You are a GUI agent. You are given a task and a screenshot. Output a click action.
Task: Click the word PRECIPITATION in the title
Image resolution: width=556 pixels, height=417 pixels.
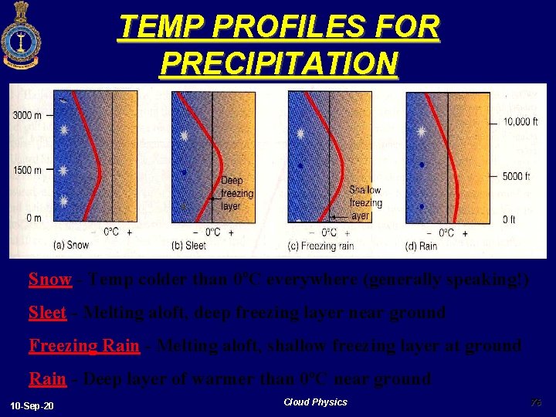(x=278, y=63)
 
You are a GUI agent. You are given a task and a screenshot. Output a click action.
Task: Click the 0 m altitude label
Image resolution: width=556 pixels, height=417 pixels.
(x=35, y=218)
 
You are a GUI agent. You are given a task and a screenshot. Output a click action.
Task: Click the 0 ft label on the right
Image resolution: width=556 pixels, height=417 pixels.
(x=509, y=219)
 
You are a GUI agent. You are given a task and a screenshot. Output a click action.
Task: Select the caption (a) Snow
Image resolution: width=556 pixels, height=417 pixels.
(x=71, y=245)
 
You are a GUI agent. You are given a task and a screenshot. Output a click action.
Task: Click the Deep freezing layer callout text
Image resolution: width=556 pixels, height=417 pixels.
(x=236, y=193)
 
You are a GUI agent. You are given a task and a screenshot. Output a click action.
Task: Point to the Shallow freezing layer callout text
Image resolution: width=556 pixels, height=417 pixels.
(x=364, y=202)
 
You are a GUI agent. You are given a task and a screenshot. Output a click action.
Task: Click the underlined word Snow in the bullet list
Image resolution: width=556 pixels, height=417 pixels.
(x=49, y=280)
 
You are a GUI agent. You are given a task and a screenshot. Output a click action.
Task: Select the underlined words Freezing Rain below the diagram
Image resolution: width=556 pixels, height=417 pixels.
(x=84, y=346)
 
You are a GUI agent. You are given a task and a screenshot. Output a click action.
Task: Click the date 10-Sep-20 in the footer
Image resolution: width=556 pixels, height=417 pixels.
(x=32, y=405)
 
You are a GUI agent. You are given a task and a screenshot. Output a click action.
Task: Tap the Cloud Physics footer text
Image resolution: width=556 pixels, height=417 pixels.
(x=315, y=402)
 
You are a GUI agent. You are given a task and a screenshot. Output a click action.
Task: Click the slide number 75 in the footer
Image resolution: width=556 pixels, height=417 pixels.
(x=536, y=402)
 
